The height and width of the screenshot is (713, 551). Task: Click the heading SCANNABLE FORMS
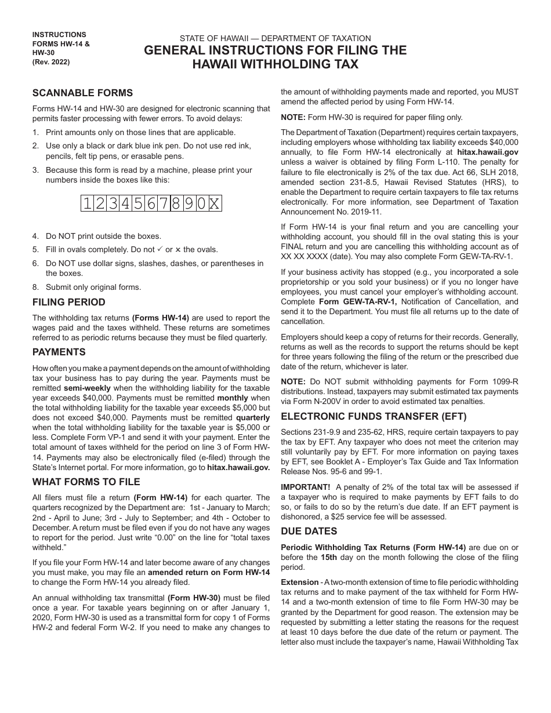[x=82, y=93]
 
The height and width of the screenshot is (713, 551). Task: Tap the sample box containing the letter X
[x=214, y=203]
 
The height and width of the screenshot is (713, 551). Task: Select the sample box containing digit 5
[x=139, y=203]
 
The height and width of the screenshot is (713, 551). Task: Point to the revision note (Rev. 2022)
[x=51, y=63]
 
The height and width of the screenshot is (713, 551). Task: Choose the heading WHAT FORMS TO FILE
[x=86, y=482]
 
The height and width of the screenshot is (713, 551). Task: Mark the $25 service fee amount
[x=362, y=516]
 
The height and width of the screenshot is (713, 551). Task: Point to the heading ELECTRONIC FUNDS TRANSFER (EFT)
[x=374, y=416]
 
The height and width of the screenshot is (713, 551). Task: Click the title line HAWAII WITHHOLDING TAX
[x=275, y=64]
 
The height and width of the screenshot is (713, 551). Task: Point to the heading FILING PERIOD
[x=69, y=302]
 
